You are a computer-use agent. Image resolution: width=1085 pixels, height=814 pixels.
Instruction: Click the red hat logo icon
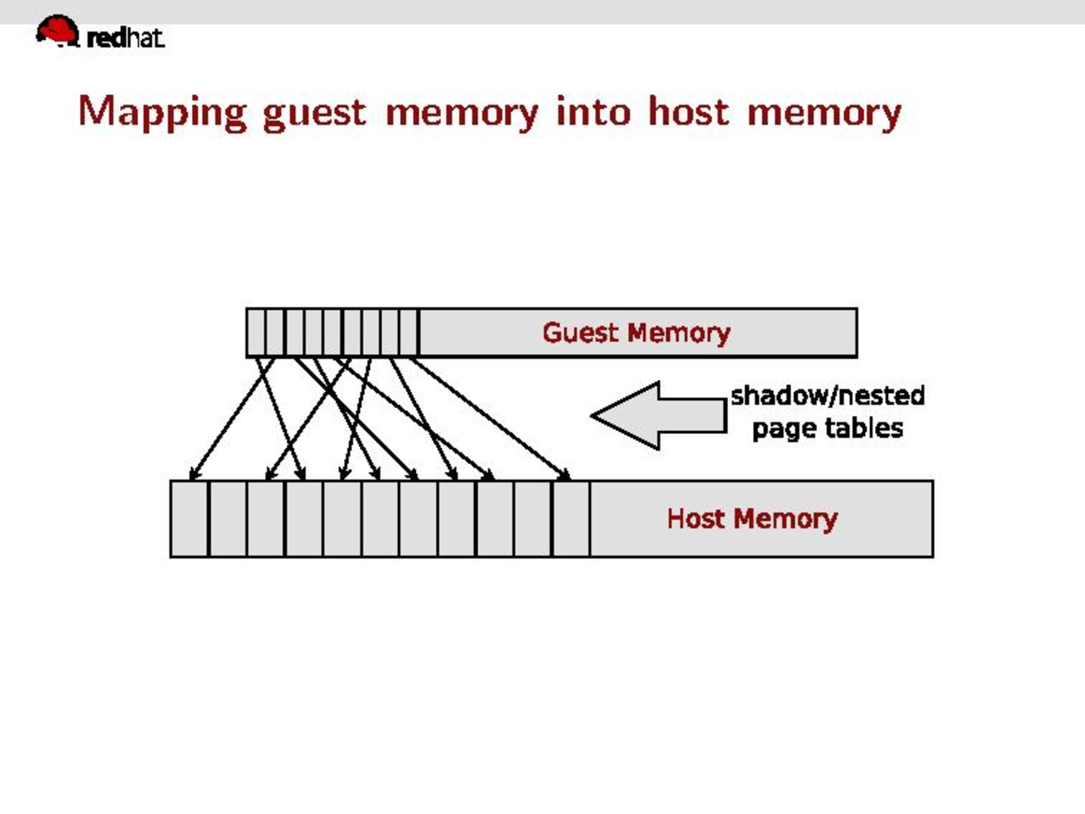pos(57,31)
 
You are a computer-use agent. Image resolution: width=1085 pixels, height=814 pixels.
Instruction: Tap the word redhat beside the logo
pos(125,37)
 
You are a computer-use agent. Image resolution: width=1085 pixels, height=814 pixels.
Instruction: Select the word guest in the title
pos(314,113)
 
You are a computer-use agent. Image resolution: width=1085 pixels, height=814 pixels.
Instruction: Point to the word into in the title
pos(594,112)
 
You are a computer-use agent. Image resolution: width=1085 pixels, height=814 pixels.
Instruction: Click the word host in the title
pos(689,112)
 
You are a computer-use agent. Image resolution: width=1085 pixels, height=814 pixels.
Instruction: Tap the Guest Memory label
pos(636,333)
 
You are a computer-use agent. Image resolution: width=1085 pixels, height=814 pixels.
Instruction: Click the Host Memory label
pos(752,518)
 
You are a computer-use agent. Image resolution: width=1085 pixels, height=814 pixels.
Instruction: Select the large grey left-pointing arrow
pos(658,415)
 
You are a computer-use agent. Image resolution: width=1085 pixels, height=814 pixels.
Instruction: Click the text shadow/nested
pos(827,395)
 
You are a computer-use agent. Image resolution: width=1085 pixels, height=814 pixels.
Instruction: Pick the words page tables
pos(827,428)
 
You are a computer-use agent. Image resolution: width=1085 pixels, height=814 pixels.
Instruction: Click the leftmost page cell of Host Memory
pos(189,518)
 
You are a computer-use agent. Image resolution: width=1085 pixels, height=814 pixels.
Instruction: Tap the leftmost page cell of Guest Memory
pos(255,333)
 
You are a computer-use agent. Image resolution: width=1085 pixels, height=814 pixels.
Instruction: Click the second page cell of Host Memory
pos(227,518)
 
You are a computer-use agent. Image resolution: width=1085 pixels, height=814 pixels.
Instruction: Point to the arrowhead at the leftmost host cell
pos(193,475)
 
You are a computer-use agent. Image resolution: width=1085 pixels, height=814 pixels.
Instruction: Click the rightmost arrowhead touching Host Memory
pos(566,475)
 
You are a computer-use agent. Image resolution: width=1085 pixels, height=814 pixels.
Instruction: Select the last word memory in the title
pos(824,113)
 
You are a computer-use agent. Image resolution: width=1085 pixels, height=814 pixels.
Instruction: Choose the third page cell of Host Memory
pos(265,518)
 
